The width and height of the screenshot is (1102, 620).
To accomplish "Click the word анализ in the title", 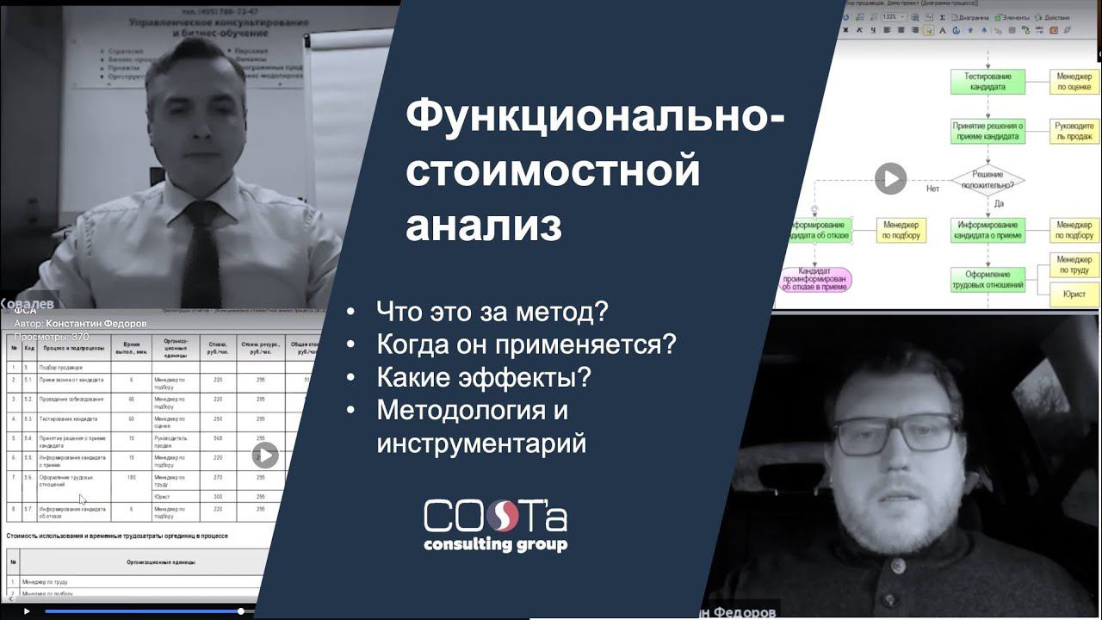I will tap(484, 226).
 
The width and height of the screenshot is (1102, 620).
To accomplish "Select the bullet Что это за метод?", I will tap(492, 311).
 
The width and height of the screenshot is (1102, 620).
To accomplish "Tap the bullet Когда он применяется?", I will tap(526, 344).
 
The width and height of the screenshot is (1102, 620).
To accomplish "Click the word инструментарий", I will tap(481, 443).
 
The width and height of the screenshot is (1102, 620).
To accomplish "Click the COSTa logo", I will tap(495, 517).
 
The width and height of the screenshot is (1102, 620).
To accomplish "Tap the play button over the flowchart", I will tap(890, 179).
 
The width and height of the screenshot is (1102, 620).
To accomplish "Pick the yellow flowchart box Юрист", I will tap(1074, 294).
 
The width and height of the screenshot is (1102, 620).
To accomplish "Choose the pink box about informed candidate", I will tap(814, 280).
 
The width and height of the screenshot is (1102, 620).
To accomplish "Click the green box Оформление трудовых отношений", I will tap(987, 279).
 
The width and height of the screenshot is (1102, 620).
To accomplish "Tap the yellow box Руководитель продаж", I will tap(1074, 132).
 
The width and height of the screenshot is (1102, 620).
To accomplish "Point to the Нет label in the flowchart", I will tap(932, 188).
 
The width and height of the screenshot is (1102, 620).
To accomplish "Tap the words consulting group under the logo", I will tap(495, 545).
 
